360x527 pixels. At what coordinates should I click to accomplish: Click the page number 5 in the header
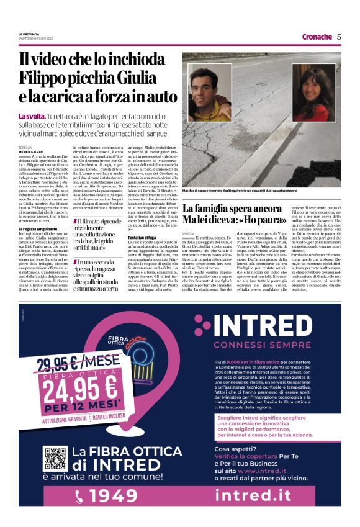tap(340, 37)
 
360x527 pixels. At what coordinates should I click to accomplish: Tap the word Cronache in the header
tap(317, 37)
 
